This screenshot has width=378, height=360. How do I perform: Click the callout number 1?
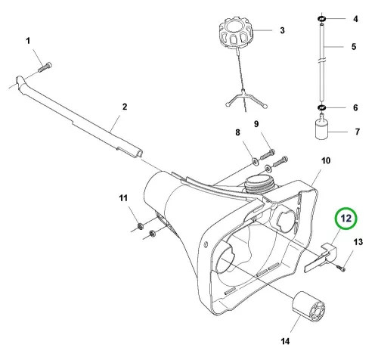pyautogui.click(x=28, y=41)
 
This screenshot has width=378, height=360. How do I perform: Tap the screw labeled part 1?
pyautogui.click(x=45, y=67)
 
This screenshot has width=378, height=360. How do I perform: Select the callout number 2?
pyautogui.click(x=125, y=107)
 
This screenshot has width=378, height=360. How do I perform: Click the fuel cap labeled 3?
pyautogui.click(x=236, y=32)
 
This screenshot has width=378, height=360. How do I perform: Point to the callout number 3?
pyautogui.click(x=282, y=30)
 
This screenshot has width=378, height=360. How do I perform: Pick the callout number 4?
pyautogui.click(x=355, y=19)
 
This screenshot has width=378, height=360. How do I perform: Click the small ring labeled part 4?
pyautogui.click(x=321, y=18)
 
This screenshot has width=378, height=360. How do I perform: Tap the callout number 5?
pyautogui.click(x=354, y=47)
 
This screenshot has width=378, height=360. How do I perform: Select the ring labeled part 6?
pyautogui.click(x=321, y=108)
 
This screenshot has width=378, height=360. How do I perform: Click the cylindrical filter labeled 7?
pyautogui.click(x=321, y=126)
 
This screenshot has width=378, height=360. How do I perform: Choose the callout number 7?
pyautogui.click(x=358, y=132)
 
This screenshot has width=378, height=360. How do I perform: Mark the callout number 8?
pyautogui.click(x=237, y=132)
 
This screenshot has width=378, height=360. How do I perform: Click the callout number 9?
pyautogui.click(x=256, y=124)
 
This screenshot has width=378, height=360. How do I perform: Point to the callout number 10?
pyautogui.click(x=326, y=160)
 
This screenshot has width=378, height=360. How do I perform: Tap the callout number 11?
pyautogui.click(x=123, y=198)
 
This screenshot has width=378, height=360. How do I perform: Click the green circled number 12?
pyautogui.click(x=346, y=219)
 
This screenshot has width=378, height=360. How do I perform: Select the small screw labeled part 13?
pyautogui.click(x=341, y=268)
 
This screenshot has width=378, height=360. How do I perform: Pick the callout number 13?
pyautogui.click(x=358, y=242)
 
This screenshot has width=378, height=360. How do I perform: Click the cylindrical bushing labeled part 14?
pyautogui.click(x=308, y=306)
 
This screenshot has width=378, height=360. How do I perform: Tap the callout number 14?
pyautogui.click(x=285, y=341)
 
